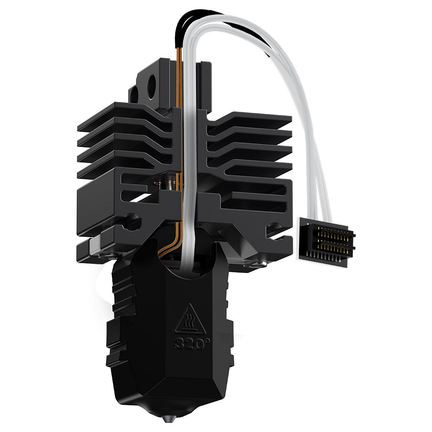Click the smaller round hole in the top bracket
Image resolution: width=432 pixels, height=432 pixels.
(x=134, y=95)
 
